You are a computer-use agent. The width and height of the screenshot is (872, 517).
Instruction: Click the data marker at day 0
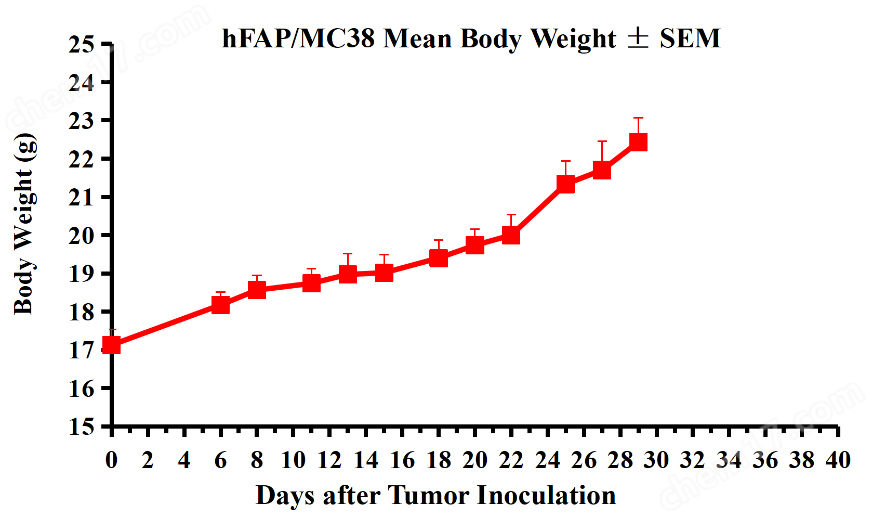(112, 345)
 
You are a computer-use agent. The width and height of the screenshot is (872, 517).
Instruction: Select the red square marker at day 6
(220, 305)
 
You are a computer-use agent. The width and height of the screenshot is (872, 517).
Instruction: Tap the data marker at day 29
(638, 142)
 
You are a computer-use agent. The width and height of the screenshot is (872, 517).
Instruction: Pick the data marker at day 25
(565, 184)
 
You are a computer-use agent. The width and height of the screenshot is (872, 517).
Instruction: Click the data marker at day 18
(439, 258)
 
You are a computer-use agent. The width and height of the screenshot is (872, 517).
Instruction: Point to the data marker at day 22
(511, 235)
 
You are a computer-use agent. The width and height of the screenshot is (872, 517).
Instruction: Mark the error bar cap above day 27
(602, 141)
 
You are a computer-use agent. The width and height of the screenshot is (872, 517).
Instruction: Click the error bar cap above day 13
(348, 254)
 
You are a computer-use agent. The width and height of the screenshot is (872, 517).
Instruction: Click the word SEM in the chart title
(690, 38)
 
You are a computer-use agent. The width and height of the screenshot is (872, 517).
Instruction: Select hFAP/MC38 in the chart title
(298, 38)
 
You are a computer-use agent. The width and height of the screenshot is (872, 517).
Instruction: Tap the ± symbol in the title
(638, 38)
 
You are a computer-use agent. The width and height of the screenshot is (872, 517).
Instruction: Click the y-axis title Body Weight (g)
(24, 224)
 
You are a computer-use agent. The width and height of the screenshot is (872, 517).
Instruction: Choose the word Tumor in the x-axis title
(429, 495)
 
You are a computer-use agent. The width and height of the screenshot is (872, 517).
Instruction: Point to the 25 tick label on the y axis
(81, 45)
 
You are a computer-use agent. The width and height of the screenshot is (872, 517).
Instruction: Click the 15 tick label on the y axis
(81, 426)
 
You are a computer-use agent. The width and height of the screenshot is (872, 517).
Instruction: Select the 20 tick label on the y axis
(81, 236)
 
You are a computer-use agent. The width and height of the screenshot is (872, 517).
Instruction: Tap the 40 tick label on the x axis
(838, 460)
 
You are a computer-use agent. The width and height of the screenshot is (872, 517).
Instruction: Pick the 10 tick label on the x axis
(293, 460)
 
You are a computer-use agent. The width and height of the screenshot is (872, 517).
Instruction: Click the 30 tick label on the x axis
(656, 460)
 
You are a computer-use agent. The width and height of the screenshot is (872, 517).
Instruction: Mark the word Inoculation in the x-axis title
(546, 495)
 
